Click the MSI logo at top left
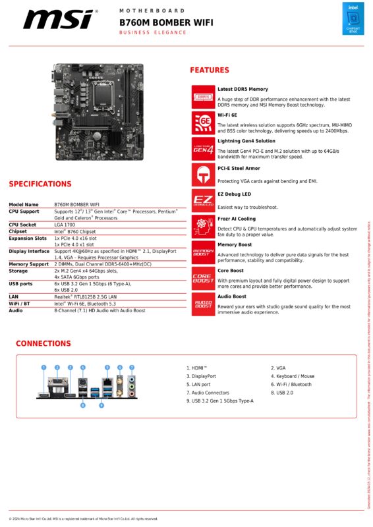(x=57, y=20)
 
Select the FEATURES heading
(x=210, y=70)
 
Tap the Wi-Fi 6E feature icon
(x=202, y=123)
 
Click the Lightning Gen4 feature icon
(x=202, y=148)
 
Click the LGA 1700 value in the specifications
(x=65, y=225)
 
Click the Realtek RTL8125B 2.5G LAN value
(x=86, y=296)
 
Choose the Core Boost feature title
(x=231, y=271)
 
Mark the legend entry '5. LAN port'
(x=198, y=384)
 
